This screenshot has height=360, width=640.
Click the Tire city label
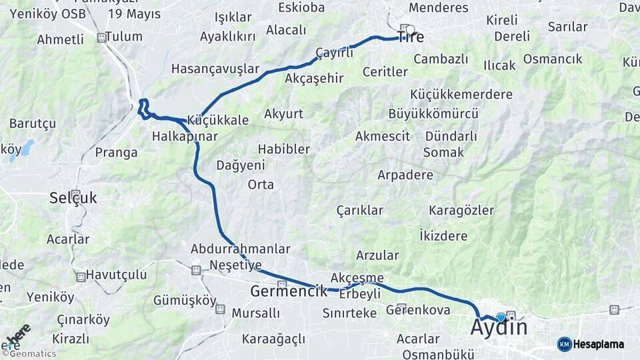tap(411, 38)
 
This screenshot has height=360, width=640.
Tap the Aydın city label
tap(499, 327)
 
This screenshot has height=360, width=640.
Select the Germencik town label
tap(289, 291)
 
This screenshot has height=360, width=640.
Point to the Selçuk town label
tap(73, 198)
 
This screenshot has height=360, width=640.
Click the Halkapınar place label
tap(185, 137)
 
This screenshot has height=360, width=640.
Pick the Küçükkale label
tap(219, 121)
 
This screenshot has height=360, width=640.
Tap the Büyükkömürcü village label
tap(433, 113)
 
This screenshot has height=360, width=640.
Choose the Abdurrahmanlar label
tap(241, 249)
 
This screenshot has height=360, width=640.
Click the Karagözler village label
tap(461, 211)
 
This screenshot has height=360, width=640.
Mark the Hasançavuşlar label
tap(215, 69)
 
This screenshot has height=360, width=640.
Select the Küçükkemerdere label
tap(461, 94)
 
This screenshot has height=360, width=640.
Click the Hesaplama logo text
tap(599, 345)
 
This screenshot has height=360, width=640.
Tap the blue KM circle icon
tap(564, 345)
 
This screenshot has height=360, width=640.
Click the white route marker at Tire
tap(410, 29)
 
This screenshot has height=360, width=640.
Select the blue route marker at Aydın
tap(501, 317)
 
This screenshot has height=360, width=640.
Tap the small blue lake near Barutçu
tap(27, 147)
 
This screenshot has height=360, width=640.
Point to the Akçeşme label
tap(357, 277)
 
